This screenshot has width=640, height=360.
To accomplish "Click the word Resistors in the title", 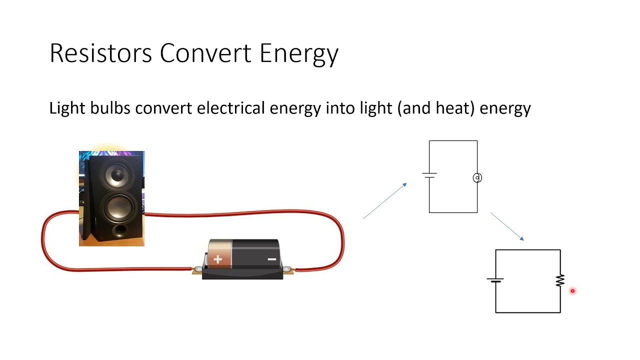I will (100, 53).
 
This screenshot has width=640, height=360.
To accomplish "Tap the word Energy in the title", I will (299, 54).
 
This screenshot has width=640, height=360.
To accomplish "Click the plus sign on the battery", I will (218, 259).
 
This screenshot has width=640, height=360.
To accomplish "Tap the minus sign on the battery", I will (271, 259).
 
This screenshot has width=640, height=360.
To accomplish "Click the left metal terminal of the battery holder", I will (198, 270).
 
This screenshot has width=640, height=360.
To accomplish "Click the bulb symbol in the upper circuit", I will (477, 177).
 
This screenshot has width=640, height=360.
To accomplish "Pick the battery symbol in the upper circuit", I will (429, 175).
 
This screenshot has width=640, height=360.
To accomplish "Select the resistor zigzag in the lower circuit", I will (560, 280).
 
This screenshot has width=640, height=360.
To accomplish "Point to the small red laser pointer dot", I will (572, 290).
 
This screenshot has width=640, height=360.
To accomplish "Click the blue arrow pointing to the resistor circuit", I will (507, 226).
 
